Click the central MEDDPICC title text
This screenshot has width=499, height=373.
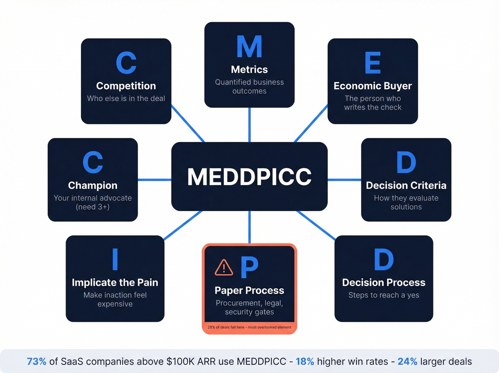pyautogui.click(x=249, y=177)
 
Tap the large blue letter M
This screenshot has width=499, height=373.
pyautogui.click(x=249, y=47)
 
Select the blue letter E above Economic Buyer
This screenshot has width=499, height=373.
pyautogui.click(x=372, y=63)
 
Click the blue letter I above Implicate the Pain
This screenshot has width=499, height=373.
pyautogui.click(x=115, y=259)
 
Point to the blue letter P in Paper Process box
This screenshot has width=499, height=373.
pyautogui.click(x=249, y=267)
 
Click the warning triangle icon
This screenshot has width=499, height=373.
pyautogui.click(x=224, y=267)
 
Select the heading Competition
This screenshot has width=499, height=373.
pyautogui.click(x=126, y=86)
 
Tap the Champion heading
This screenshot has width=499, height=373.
pyautogui.click(x=93, y=186)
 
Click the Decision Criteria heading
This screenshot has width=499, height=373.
pyautogui.click(x=406, y=186)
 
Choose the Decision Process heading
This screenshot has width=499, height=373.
pyautogui.click(x=384, y=283)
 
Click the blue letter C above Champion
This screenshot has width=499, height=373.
pyautogui.click(x=93, y=162)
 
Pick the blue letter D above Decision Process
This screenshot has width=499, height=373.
pyautogui.click(x=384, y=259)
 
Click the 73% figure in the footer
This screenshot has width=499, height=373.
pyautogui.click(x=36, y=362)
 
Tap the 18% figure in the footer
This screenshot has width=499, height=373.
pyautogui.click(x=305, y=362)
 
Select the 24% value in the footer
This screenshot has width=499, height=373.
pyautogui.click(x=407, y=362)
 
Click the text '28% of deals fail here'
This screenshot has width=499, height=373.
pyautogui.click(x=226, y=327)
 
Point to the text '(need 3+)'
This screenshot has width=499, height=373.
pyautogui.click(x=93, y=207)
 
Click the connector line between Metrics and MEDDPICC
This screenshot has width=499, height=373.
pyautogui.click(x=249, y=125)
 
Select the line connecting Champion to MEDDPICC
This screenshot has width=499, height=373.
pyautogui.click(x=154, y=180)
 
